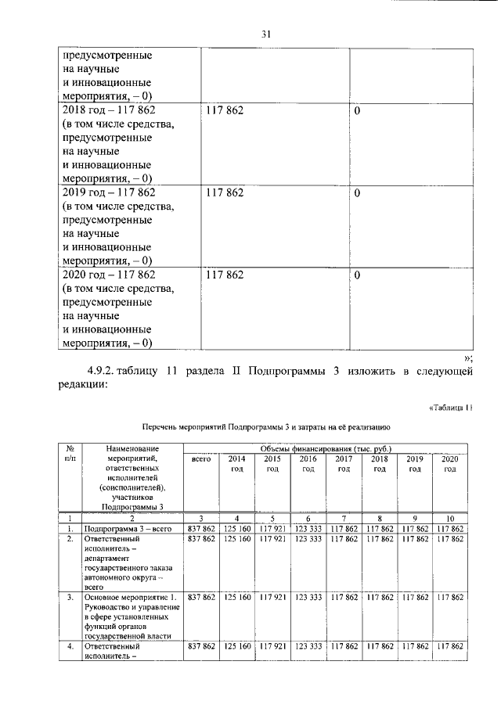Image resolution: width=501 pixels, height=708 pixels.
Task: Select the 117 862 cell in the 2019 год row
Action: (224, 192)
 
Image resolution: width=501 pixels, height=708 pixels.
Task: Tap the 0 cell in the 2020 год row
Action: (357, 275)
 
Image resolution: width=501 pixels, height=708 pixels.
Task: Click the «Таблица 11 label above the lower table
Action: (452, 408)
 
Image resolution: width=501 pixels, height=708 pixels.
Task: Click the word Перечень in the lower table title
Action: (161, 428)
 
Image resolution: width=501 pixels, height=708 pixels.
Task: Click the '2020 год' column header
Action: (449, 463)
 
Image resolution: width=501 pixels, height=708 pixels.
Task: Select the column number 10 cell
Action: (449, 518)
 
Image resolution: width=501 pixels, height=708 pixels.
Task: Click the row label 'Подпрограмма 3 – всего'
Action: (127, 529)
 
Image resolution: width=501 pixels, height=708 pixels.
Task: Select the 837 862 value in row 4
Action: (200, 646)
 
